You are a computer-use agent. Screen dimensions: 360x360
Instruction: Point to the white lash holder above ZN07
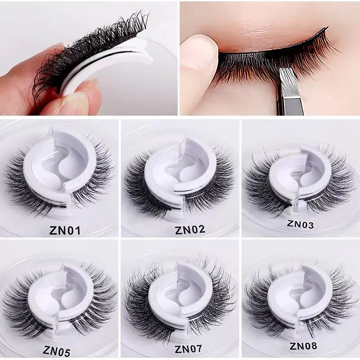(x=180, y=292)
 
